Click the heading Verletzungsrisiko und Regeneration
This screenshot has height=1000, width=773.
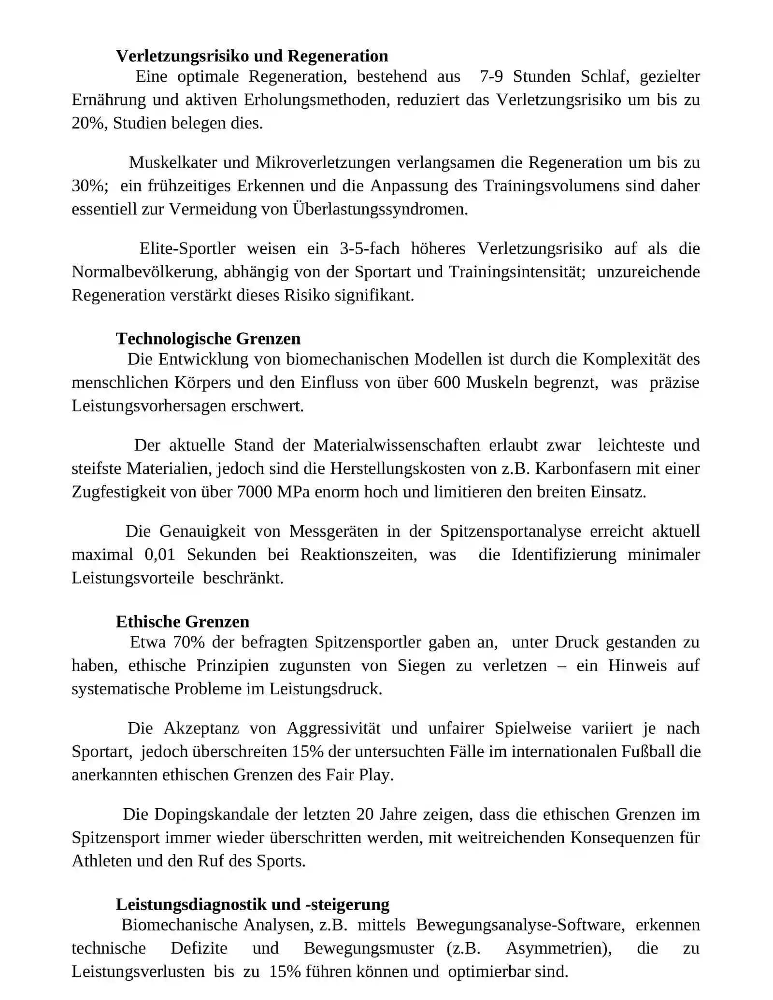coord(252,56)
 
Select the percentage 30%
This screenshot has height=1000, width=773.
coord(89,186)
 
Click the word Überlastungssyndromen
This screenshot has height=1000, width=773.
coord(380,209)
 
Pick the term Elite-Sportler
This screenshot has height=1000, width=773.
coord(187,249)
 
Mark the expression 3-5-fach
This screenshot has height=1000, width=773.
coord(370,249)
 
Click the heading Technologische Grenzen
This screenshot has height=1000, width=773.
coord(208,339)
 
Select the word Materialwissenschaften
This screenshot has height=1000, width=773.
coord(397,445)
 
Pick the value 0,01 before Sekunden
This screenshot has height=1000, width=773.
coord(160,555)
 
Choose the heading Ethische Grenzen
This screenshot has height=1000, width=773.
coord(183,622)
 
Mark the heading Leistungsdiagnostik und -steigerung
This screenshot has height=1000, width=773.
coord(253,904)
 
